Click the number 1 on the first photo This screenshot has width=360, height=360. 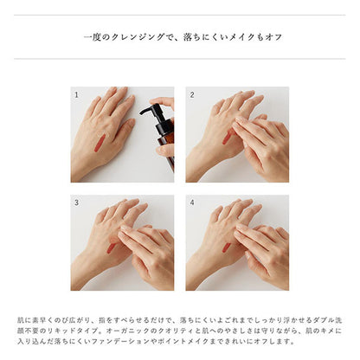76,94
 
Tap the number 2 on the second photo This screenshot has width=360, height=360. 192,94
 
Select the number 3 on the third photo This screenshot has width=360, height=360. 76,202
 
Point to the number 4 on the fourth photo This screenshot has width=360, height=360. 192,202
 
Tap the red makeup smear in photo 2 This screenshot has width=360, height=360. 226,138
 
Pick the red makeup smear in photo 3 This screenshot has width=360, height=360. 111,248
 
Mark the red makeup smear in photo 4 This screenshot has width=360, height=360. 226,247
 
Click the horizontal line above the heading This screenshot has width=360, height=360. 179,15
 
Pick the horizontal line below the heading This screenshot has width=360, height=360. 179,59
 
